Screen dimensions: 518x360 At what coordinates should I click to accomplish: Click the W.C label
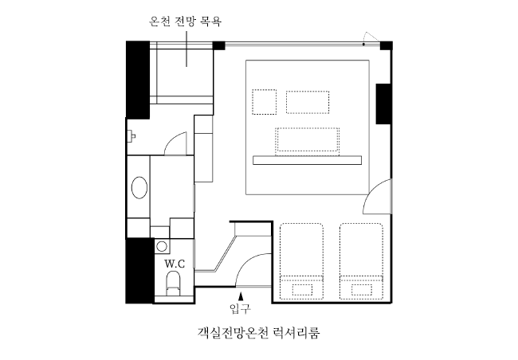(x=175, y=264)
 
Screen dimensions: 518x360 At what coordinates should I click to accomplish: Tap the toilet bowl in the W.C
(x=174, y=284)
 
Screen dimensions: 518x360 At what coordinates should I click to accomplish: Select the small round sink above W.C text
(x=162, y=246)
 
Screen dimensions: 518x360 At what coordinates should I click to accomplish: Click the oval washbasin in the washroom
(x=139, y=188)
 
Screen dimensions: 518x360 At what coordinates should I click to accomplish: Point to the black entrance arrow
(x=241, y=295)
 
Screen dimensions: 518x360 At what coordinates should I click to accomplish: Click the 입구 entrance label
(x=240, y=308)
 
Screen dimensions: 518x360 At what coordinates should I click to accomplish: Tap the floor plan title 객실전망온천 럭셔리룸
(x=259, y=333)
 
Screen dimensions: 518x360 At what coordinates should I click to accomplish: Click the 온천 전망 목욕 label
(x=185, y=22)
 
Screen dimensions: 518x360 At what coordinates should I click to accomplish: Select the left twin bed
(x=301, y=261)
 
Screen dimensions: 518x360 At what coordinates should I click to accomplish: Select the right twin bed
(x=362, y=261)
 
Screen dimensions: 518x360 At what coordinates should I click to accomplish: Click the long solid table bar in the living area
(x=308, y=160)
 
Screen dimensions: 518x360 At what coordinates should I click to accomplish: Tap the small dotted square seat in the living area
(x=265, y=102)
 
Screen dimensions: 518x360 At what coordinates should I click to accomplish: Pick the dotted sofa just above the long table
(x=308, y=141)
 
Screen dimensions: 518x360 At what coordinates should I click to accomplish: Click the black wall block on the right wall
(x=383, y=104)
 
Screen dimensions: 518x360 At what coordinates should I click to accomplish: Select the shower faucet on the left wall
(x=131, y=135)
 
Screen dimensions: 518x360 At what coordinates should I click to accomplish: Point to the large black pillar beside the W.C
(x=140, y=271)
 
